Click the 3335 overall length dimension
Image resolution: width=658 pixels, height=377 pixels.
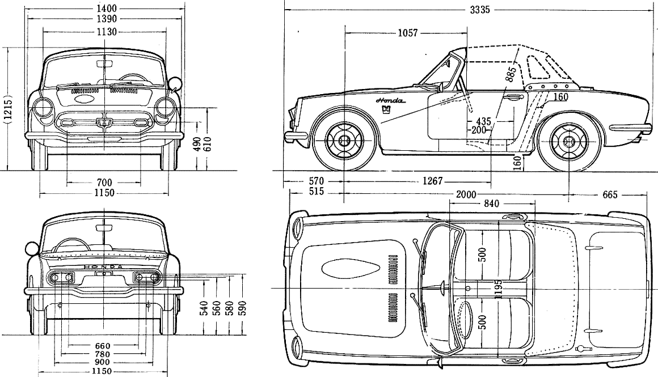click(480, 10)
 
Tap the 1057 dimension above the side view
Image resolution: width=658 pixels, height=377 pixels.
click(407, 33)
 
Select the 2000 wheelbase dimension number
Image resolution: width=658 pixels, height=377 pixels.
click(466, 194)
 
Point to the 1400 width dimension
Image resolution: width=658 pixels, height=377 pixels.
click(107, 9)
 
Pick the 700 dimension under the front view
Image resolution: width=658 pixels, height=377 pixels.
click(104, 183)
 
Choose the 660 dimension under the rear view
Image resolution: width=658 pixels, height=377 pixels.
click(103, 346)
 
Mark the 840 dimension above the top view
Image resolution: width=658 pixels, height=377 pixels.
click(491, 204)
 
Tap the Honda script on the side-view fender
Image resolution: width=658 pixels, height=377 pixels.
click(390, 101)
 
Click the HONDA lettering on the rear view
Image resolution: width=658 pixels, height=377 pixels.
click(103, 267)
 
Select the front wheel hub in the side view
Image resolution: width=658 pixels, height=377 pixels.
click(344, 141)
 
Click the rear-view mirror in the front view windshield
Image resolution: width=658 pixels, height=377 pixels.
click(104, 63)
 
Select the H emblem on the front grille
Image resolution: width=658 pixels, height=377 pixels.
click(103, 123)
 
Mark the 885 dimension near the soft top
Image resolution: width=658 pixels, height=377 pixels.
click(510, 73)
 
